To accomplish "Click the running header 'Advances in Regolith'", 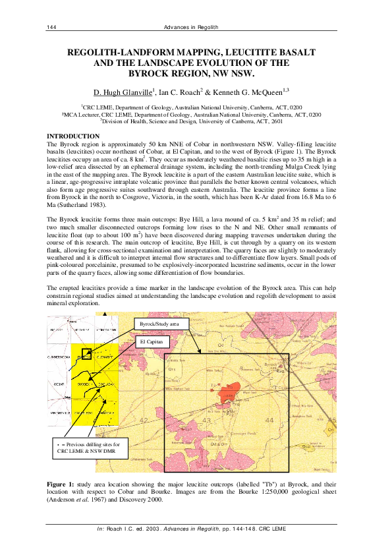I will pyautogui.click(x=196, y=26).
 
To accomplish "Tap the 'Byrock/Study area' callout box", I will pyautogui.click(x=161, y=324).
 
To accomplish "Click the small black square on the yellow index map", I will pyautogui.click(x=86, y=355).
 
